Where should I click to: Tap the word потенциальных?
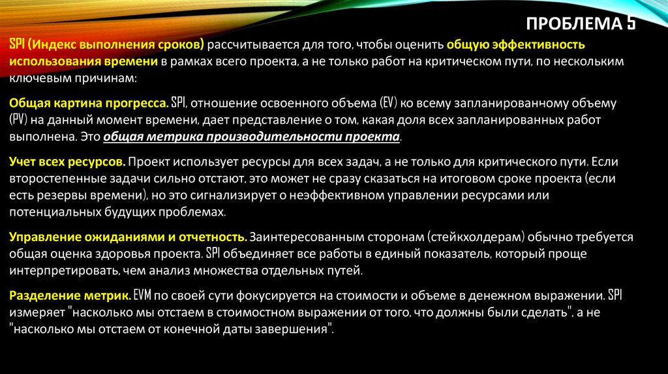55,212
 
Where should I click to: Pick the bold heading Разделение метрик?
70,296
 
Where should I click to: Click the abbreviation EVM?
143,296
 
